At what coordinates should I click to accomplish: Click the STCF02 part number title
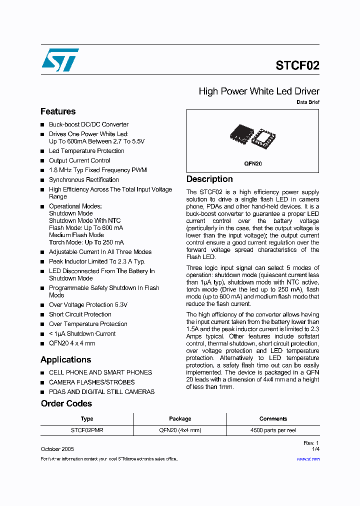pos(297,65)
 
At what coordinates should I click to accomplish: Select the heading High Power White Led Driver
pos(258,91)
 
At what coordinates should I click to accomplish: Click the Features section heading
pos(58,111)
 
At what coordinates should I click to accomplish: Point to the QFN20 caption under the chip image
pos(253,163)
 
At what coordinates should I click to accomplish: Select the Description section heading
pos(209,179)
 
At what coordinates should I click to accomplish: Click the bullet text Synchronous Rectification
pos(84,180)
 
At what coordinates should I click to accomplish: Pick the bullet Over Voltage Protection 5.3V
pos(88,305)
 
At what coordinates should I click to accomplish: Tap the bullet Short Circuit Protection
pos(80,314)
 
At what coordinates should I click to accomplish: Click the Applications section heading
pos(65,359)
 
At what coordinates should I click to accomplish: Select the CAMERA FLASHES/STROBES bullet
pos(91,382)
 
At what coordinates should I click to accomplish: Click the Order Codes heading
pos(66,403)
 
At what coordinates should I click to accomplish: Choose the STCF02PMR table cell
pos(87,430)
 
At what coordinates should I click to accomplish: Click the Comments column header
pos(273,419)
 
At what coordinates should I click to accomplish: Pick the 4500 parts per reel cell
pos(273,430)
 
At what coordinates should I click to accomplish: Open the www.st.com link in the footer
pos(309,459)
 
